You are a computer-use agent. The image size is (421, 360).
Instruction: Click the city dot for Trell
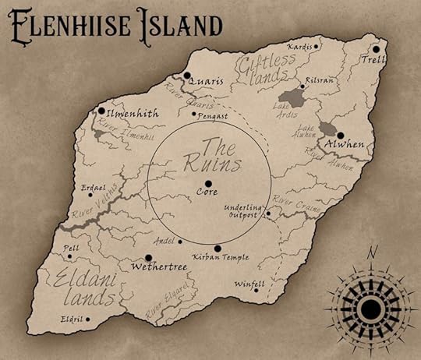point(377,49)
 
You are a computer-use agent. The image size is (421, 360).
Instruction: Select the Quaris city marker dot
point(187,76)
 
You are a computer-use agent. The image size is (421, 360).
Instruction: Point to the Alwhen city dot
point(340,135)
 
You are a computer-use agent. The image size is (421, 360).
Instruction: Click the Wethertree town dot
point(148,257)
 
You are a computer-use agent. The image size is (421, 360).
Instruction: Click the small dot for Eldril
point(87,319)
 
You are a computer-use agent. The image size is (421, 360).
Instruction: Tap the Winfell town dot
point(256,290)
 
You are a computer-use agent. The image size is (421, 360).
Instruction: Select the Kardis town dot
point(317,47)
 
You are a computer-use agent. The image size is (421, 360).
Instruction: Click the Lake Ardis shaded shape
point(292,98)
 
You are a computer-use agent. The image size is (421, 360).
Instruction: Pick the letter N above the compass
point(373,252)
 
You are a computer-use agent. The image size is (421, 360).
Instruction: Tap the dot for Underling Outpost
point(267,213)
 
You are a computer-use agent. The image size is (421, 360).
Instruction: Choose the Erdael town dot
point(92,194)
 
